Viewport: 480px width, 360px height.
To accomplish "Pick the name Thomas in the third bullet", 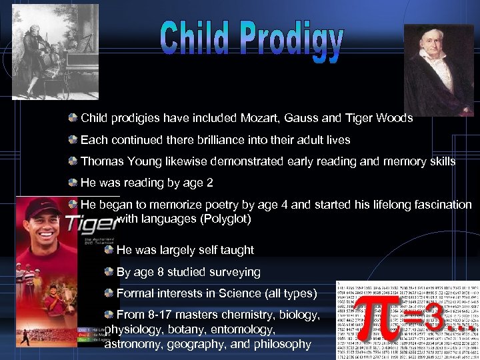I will click(x=100, y=161).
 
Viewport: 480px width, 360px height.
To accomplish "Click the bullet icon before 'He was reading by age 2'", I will click(x=72, y=182).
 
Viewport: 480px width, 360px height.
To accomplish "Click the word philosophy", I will click(x=281, y=344).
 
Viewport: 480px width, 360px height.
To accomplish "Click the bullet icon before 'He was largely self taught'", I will click(x=108, y=249).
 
